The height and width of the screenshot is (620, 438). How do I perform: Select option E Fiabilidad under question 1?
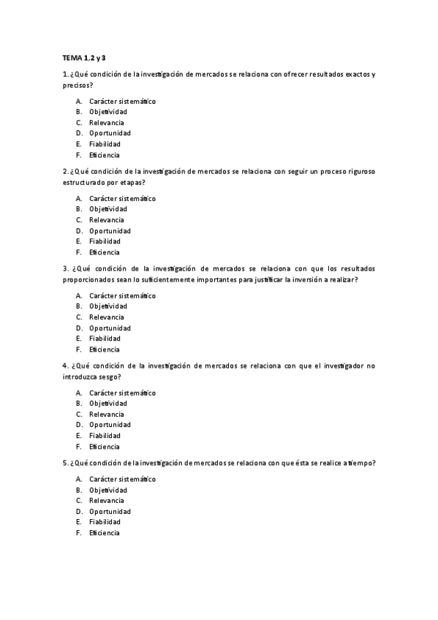[x=104, y=144]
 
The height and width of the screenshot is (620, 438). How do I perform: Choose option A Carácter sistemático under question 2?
[x=122, y=198]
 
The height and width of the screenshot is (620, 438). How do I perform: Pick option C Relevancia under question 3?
[x=106, y=317]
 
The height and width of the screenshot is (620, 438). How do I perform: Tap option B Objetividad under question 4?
[x=107, y=404]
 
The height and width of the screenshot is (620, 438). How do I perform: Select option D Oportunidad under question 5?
[x=110, y=511]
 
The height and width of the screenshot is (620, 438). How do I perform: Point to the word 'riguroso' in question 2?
[x=358, y=171]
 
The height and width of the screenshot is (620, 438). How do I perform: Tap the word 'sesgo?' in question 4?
[x=109, y=377]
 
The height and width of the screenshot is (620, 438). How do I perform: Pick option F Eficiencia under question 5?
[x=104, y=533]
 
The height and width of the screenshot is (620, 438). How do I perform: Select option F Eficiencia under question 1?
[x=104, y=155]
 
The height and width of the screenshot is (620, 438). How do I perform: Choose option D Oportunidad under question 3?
[x=110, y=328]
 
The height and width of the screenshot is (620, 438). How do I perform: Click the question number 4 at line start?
[x=65, y=366]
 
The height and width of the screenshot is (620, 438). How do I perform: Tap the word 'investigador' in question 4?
[x=343, y=366]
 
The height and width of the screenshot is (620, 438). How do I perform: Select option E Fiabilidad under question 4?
[x=104, y=436]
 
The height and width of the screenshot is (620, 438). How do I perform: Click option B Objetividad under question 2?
[x=107, y=209]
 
